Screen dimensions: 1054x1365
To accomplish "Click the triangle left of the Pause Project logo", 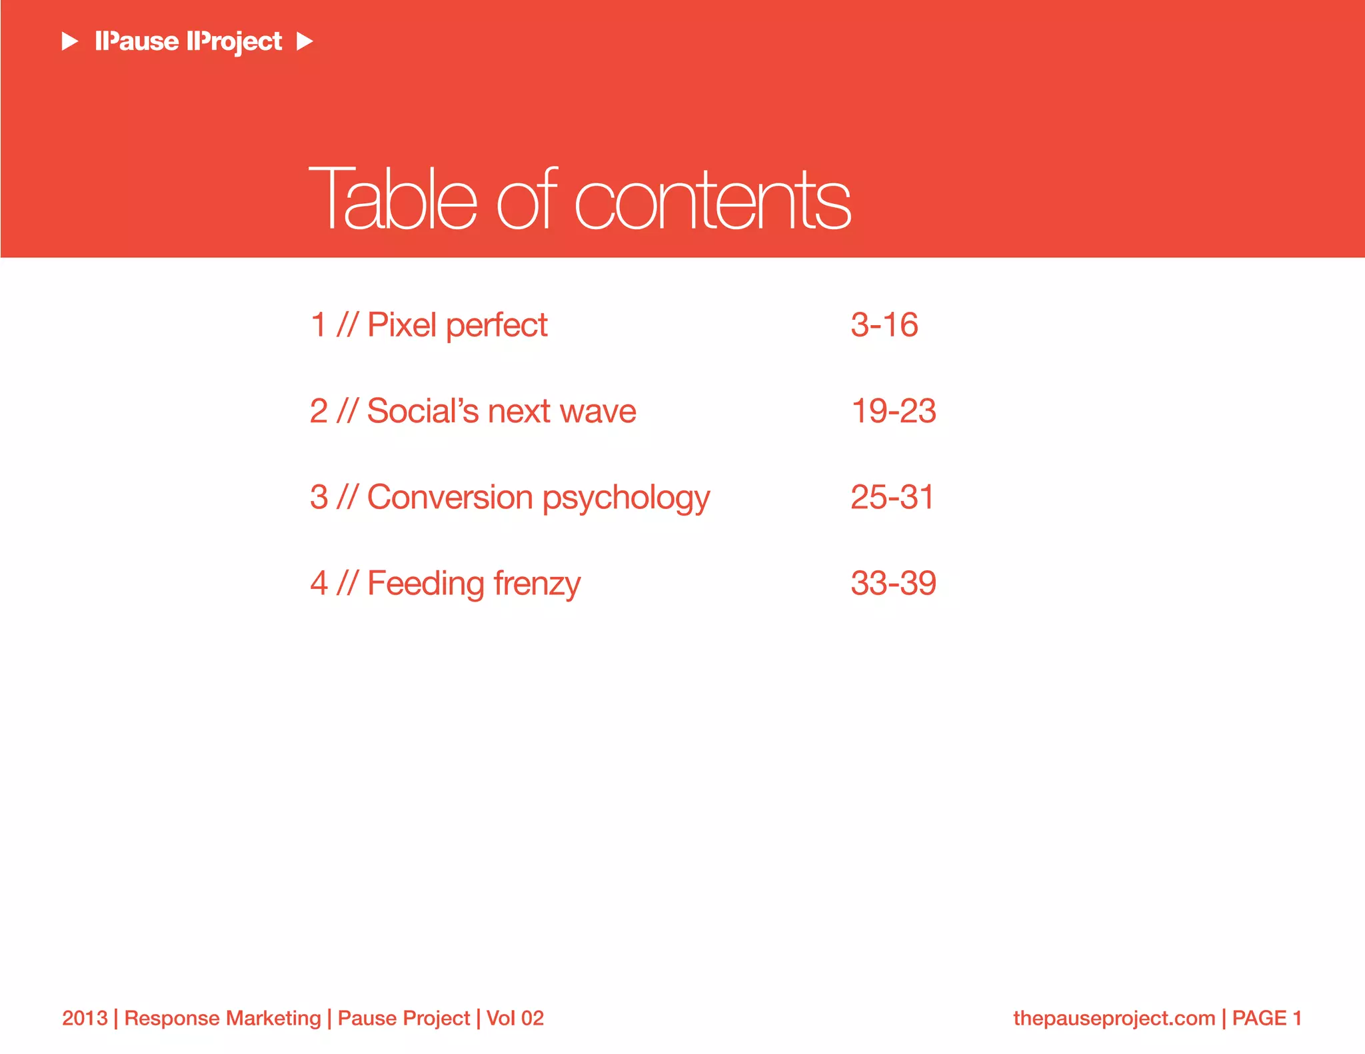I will [70, 41].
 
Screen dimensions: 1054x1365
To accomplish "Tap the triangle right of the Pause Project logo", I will [305, 41].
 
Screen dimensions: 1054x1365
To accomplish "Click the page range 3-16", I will [884, 325].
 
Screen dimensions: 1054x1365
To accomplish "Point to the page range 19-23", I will [893, 411].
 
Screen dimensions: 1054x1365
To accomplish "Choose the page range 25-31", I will [892, 497].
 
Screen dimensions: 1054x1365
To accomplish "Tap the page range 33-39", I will [893, 583].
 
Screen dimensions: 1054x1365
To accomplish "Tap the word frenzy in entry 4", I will [537, 584].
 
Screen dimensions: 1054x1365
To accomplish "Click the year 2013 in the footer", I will [85, 1018].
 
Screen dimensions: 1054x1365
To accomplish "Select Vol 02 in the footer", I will [515, 1018].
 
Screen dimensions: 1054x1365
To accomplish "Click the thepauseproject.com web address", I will [1114, 1018].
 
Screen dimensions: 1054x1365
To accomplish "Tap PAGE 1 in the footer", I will [1266, 1018].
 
